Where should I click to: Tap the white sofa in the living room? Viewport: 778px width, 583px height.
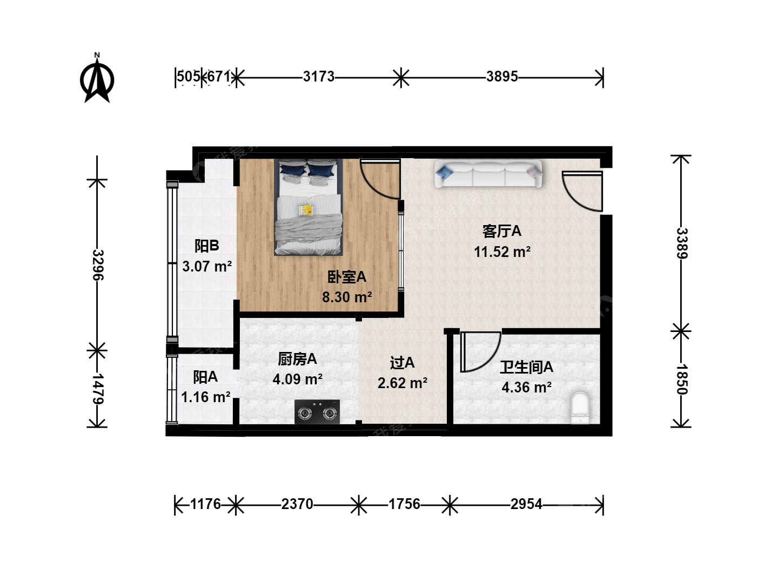click(488, 173)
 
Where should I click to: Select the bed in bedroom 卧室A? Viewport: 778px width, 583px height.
click(308, 207)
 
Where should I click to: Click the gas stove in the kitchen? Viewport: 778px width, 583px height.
click(317, 412)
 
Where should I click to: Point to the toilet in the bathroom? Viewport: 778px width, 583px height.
click(580, 408)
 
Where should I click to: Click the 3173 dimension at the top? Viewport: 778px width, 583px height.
click(319, 77)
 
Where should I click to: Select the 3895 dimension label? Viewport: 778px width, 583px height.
click(502, 77)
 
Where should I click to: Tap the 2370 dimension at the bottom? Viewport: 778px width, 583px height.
click(297, 504)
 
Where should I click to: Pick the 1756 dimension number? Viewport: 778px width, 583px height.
click(405, 504)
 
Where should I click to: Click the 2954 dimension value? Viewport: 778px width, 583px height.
click(526, 504)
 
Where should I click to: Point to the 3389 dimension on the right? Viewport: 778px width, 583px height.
click(682, 243)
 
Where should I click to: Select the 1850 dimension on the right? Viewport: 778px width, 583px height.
click(682, 379)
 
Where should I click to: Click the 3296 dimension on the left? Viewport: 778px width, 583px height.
click(98, 265)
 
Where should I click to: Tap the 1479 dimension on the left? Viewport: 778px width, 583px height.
click(98, 389)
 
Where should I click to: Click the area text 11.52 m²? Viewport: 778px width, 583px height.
click(502, 252)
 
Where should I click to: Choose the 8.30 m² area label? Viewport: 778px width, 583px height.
click(347, 297)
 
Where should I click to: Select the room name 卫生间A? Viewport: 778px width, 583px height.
click(526, 368)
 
